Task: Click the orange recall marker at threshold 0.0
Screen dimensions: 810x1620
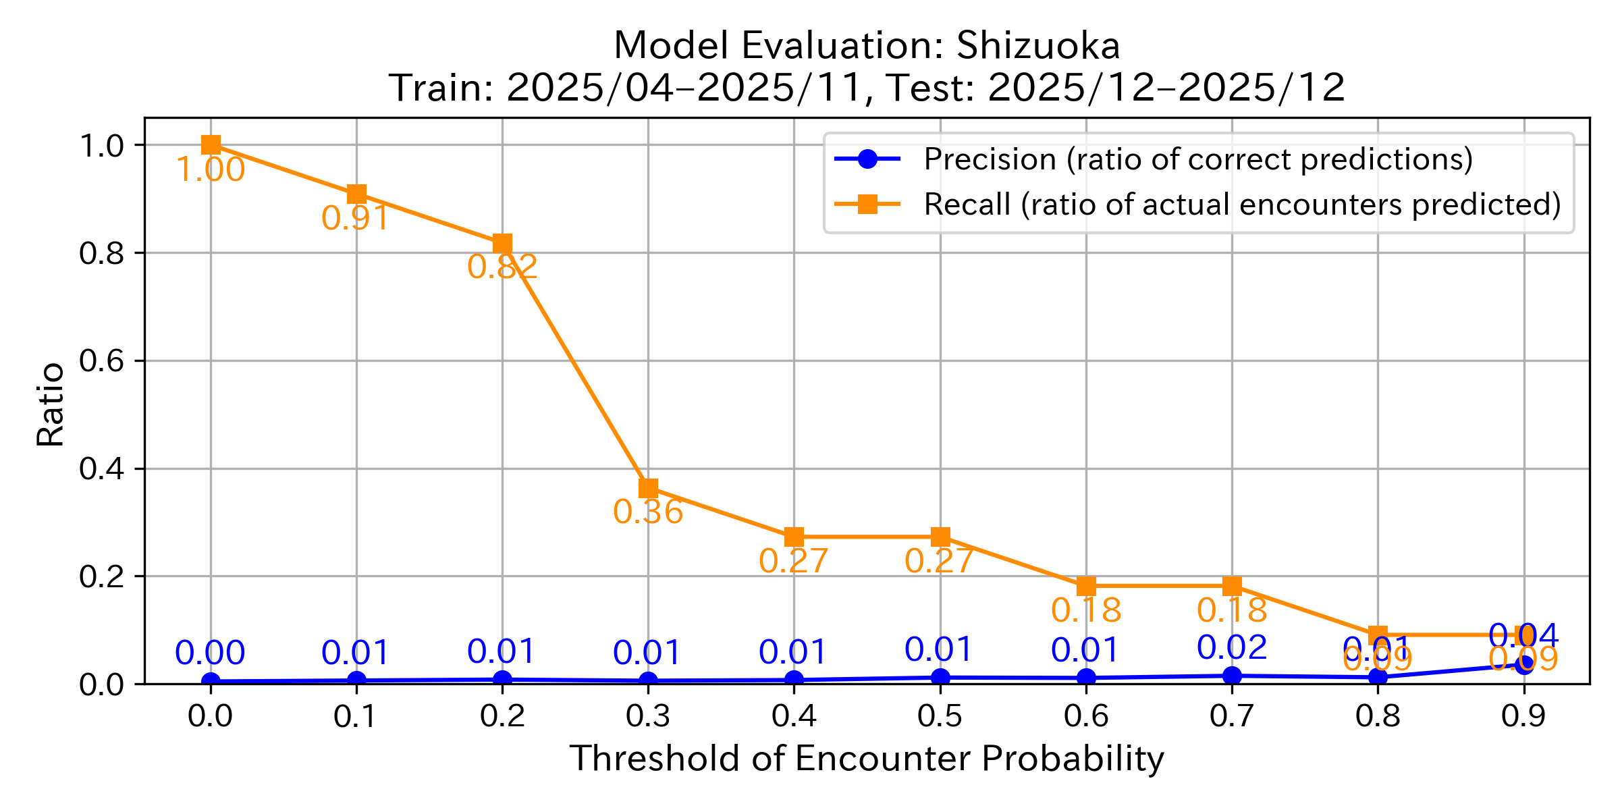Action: click(211, 145)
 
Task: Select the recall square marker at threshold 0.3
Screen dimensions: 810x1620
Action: click(648, 488)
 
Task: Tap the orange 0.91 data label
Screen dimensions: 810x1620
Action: click(356, 219)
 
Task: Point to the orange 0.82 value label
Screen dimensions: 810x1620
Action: click(502, 267)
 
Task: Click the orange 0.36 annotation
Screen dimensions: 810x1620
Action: click(648, 512)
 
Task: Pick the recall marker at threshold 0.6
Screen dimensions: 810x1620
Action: click(1086, 586)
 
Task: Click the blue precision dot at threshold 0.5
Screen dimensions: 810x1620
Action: click(940, 677)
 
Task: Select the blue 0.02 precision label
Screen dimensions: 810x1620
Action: click(1232, 648)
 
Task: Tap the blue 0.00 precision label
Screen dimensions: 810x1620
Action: click(210, 653)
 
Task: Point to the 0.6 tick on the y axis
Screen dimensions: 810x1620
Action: click(102, 361)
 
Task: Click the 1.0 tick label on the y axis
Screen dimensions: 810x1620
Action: click(102, 146)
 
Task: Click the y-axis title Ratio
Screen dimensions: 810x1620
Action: click(51, 405)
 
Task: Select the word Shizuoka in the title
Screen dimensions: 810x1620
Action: click(1038, 47)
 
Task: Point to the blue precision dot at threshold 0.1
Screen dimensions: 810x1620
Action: click(357, 680)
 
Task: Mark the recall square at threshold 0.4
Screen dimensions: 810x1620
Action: click(794, 537)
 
